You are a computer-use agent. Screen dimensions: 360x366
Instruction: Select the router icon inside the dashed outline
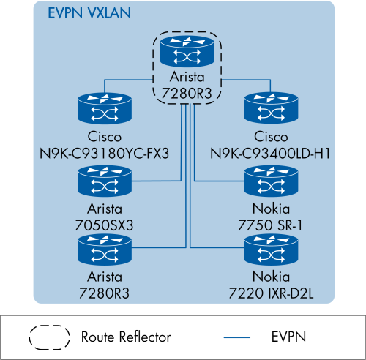pos(184,52)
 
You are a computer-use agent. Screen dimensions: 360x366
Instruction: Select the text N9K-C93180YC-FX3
pos(105,154)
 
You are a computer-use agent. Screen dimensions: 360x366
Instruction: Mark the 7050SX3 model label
pos(105,222)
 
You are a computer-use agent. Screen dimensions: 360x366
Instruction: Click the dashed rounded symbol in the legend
pos(50,337)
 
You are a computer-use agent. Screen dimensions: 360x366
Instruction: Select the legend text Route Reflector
pos(126,337)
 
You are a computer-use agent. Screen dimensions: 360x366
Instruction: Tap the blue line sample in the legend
pos(242,338)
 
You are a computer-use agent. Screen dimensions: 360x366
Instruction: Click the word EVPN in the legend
pos(288,337)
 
